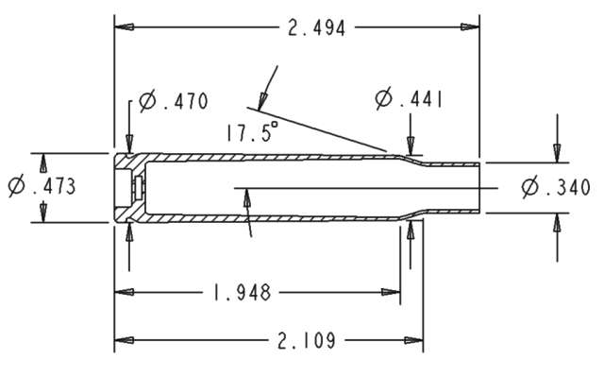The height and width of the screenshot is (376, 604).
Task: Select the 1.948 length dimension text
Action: [x=238, y=292]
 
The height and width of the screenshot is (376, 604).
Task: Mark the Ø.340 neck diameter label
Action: [x=556, y=188]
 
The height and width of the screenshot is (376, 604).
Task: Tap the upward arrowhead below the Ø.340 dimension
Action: [x=557, y=222]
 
